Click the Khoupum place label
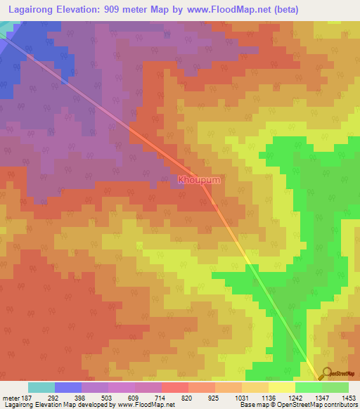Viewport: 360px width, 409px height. [199, 180]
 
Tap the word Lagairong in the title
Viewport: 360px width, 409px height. [29, 9]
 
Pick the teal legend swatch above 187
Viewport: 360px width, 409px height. [41, 387]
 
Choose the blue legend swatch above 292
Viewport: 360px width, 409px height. [68, 387]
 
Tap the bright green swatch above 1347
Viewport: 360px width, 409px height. [308, 387]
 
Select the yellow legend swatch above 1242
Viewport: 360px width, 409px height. [281, 387]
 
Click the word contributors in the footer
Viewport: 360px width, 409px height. [341, 405]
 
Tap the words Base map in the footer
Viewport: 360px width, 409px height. [251, 405]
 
